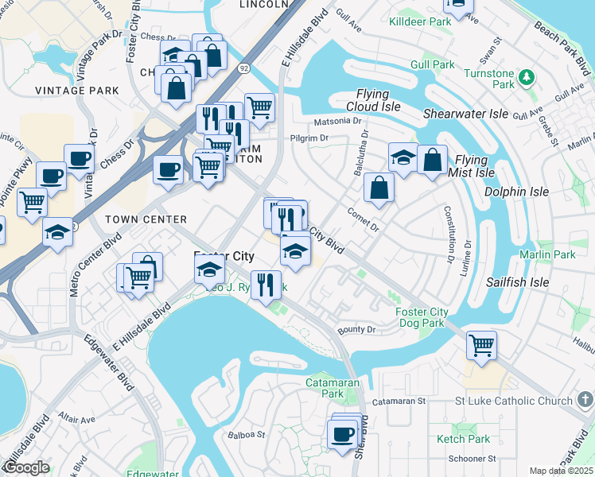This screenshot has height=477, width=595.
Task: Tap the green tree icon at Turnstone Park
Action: [x=526, y=77]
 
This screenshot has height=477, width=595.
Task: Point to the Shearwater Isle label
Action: [x=465, y=114]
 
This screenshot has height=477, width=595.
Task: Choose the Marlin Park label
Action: [x=546, y=254]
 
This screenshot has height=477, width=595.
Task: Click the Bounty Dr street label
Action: [x=356, y=329]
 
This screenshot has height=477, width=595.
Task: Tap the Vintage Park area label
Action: [x=77, y=91]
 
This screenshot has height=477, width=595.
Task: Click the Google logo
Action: [x=25, y=467]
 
